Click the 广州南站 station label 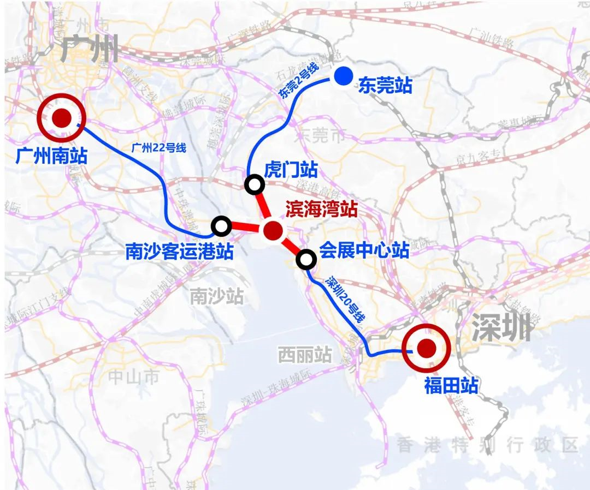point(52,157)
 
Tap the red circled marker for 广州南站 point(61,117)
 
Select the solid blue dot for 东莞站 point(343,77)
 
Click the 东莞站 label point(385,86)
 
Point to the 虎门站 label point(290,169)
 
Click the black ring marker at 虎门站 point(255,185)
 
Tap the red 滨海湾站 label point(321,209)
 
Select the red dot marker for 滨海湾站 point(273,231)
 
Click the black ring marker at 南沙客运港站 point(221,225)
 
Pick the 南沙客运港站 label point(179,252)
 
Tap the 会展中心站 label point(364,250)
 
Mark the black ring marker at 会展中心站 point(306,260)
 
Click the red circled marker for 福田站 point(425,347)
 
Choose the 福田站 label point(451,386)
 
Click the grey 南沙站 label point(216,296)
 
